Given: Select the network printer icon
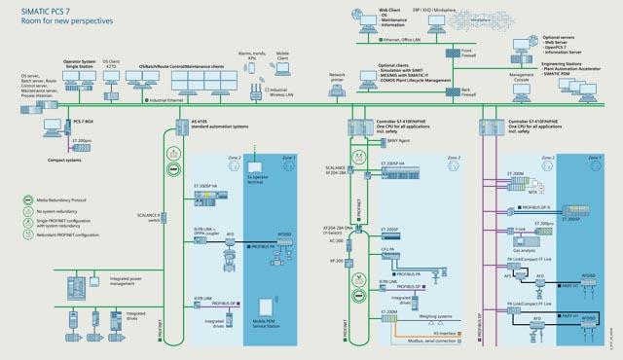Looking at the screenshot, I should click(338, 89).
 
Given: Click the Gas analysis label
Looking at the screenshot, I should click(523, 250).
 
